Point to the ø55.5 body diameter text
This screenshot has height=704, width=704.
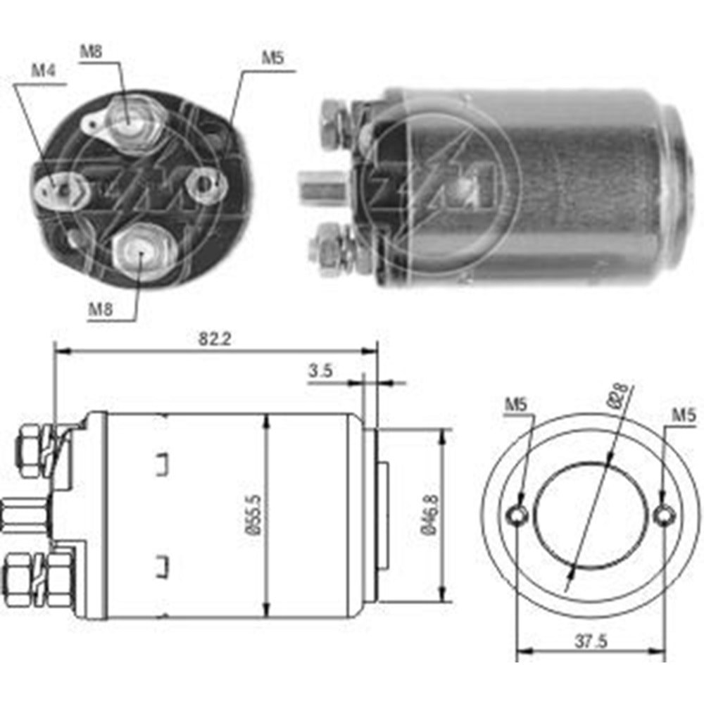254,515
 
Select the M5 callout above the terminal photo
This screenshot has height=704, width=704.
272,58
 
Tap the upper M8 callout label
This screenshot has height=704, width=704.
91,51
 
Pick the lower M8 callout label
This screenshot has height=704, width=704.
101,308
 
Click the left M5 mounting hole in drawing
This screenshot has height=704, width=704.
519,515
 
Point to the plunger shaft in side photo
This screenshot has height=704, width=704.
321,187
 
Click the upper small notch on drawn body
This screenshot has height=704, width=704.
161,463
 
